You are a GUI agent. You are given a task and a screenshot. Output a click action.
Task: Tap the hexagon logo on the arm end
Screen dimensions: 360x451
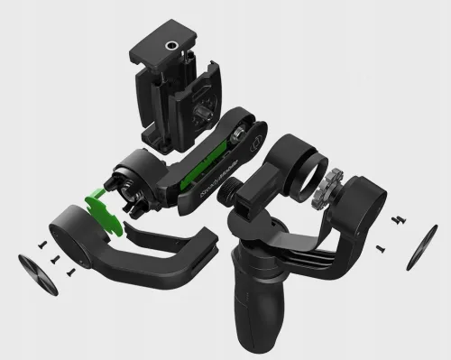pyautogui.click(x=254, y=141)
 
